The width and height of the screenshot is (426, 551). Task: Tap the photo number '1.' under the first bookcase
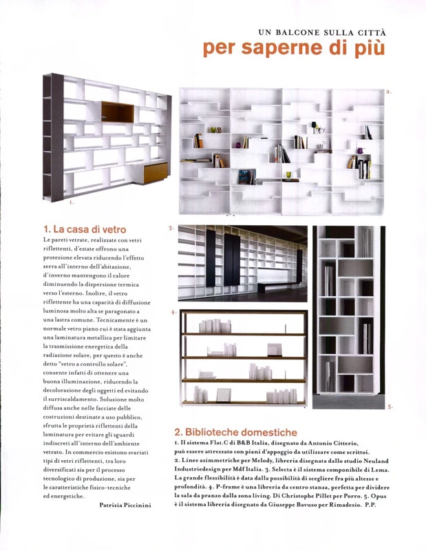point(71,203)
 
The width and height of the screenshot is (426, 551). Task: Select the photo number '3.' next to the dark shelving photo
point(171,227)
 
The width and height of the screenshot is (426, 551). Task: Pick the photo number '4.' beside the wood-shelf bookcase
point(173,312)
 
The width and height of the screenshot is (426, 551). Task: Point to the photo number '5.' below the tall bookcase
point(390,407)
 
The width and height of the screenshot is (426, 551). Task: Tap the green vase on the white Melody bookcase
point(289,174)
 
